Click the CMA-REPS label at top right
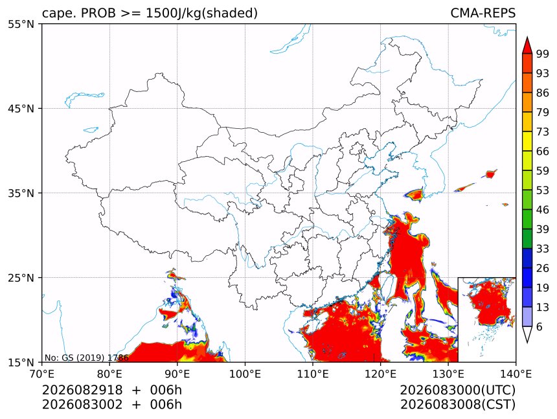tap(483, 13)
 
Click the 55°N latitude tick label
tap(21, 25)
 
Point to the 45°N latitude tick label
tap(21, 109)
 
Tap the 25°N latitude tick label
tap(21, 278)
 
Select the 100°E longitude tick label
tap(245, 374)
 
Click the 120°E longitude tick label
tap(380, 374)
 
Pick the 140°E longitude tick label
tap(516, 374)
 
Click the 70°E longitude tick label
tap(42, 374)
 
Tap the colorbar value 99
tap(543, 54)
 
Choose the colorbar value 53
tap(543, 190)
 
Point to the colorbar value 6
tap(540, 326)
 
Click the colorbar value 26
tap(543, 269)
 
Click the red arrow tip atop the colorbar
tap(527, 36)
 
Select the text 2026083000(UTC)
tap(457, 391)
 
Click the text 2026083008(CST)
tap(457, 405)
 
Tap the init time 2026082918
tap(82, 391)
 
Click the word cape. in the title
tap(60, 14)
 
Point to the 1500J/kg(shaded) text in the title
tap(202, 14)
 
